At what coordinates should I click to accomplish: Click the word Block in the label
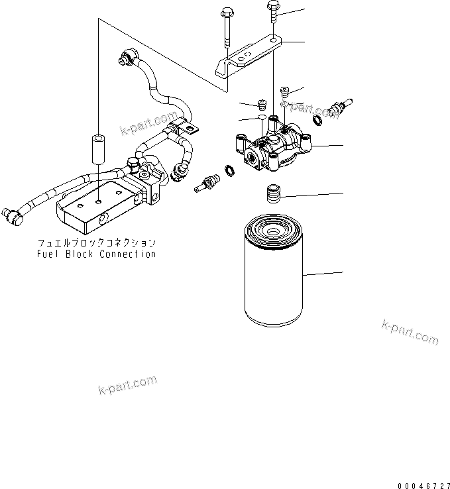click(x=81, y=254)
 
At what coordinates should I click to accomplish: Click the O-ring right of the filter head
click(x=317, y=119)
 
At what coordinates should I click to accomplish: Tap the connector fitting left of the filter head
click(x=207, y=183)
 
